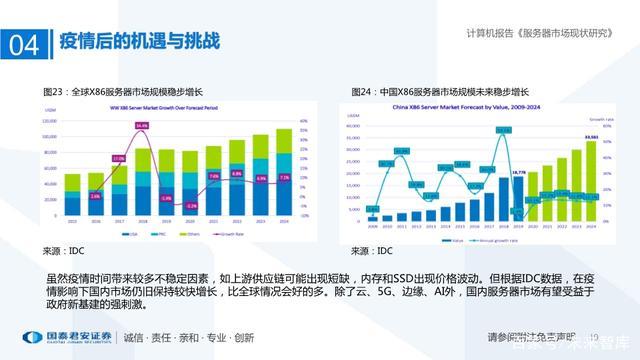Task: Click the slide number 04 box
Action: [22, 45]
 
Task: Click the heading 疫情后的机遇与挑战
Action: [140, 43]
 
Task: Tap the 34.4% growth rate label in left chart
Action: [142, 126]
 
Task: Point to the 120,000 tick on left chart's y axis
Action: [48, 121]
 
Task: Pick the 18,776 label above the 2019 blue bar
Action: [517, 172]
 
